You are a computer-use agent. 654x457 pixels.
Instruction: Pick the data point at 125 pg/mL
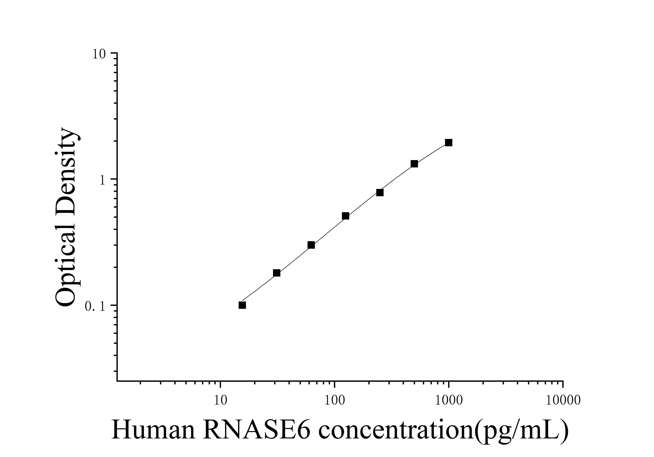point(345,216)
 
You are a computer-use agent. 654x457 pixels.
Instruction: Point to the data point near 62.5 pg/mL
point(311,245)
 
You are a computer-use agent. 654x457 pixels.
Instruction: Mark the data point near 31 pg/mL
point(277,273)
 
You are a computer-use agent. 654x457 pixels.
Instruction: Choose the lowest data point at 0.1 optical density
point(242,305)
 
